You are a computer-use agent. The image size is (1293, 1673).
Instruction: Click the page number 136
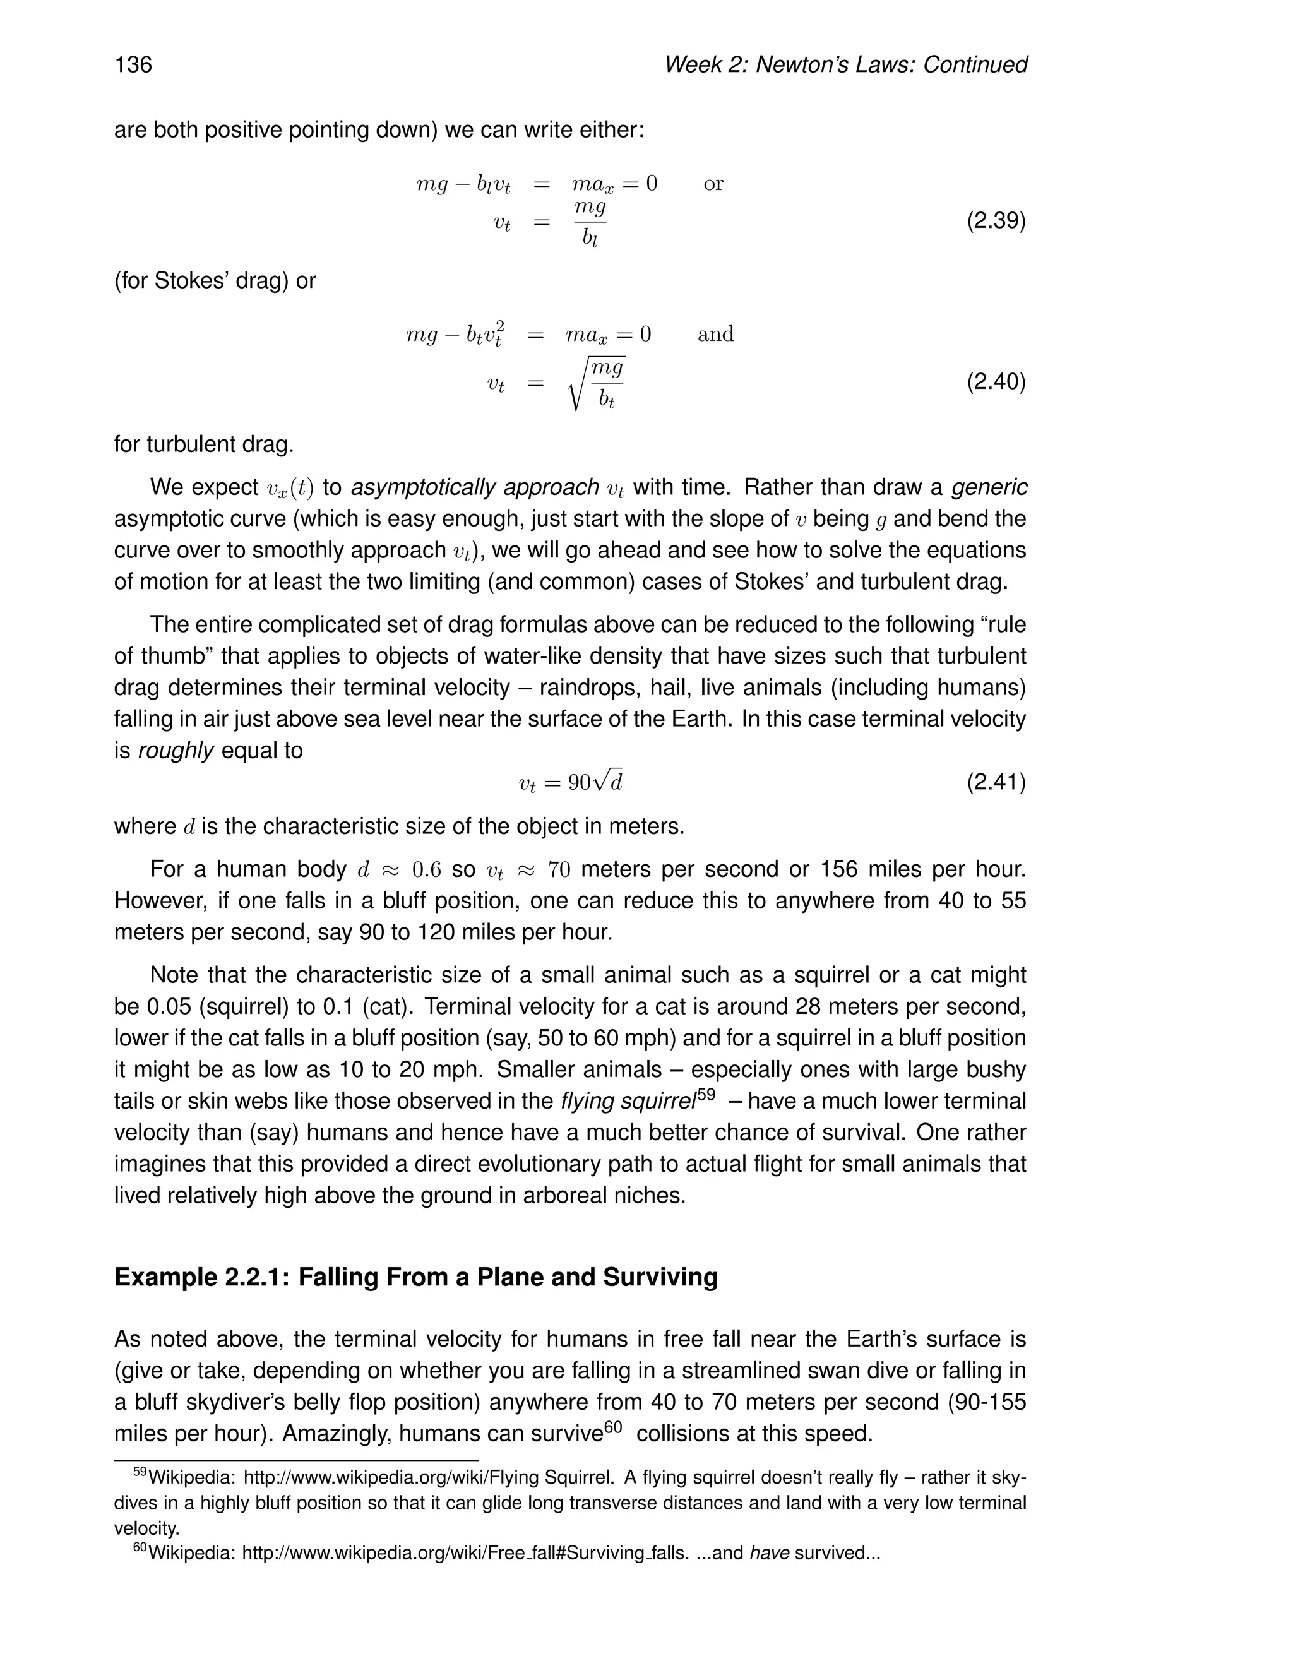133,64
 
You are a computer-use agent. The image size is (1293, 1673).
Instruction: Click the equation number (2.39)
996,222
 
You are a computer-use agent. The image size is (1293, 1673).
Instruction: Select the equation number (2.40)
996,381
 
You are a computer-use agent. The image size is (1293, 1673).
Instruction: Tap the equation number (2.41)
996,782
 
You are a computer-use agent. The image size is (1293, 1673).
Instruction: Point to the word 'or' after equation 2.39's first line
713,184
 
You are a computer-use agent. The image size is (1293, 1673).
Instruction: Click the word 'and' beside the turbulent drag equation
715,334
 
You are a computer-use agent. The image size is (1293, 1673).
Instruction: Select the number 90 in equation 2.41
579,783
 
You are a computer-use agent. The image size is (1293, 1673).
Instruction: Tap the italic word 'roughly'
176,751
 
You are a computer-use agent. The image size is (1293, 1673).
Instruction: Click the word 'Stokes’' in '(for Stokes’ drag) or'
186,281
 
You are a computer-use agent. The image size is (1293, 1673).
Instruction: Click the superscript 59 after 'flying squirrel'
706,1094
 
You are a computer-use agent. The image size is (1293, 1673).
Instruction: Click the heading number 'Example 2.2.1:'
202,1277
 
